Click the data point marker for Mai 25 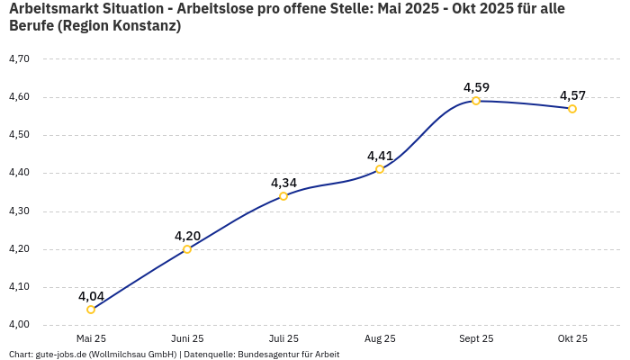tap(91, 310)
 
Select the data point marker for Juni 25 tap(187, 249)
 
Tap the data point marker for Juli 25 tap(283, 196)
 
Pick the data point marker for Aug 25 tap(380, 169)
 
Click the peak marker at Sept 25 tap(476, 101)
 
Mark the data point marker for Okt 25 tap(572, 109)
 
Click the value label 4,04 tap(91, 296)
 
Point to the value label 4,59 tap(476, 87)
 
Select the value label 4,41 tap(380, 156)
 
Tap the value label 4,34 tap(283, 183)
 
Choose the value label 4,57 tap(572, 95)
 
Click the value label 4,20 tap(187, 236)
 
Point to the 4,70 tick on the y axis tap(19, 58)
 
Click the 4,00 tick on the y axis tap(19, 325)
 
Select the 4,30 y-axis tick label tap(19, 211)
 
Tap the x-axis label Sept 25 tap(476, 338)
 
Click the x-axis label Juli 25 tap(283, 338)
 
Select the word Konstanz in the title tap(143, 26)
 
